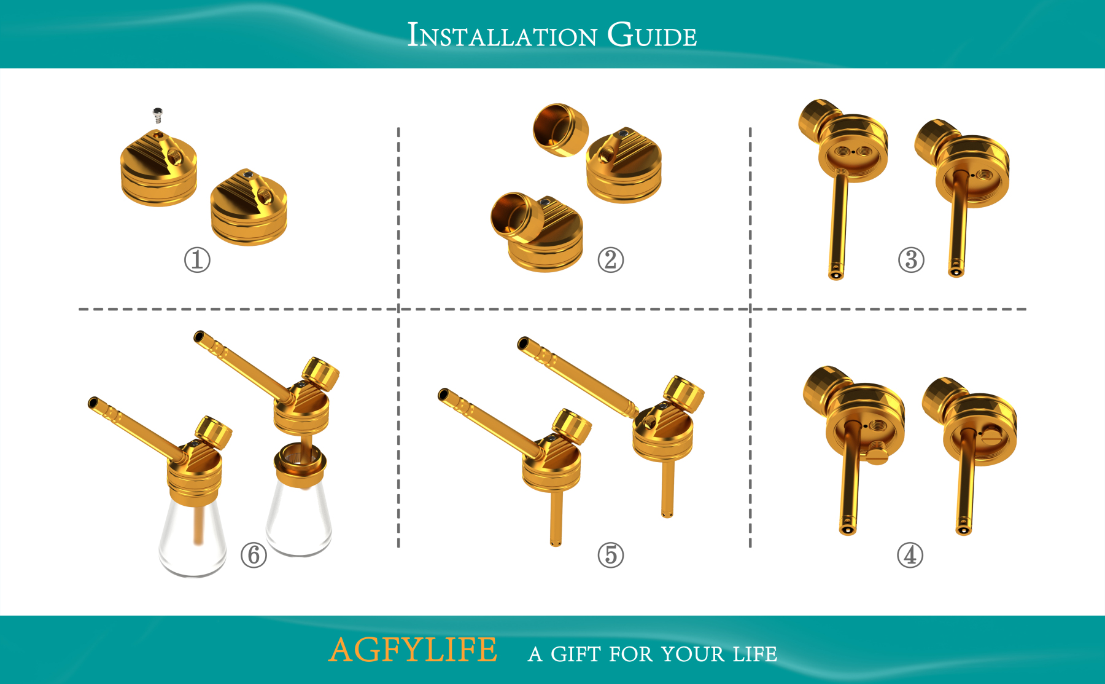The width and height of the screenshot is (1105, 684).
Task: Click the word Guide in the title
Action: (652, 36)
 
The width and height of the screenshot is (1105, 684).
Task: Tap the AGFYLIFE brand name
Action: (413, 650)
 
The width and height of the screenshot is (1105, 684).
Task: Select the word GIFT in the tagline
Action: (576, 654)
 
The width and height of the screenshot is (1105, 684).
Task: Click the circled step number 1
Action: (197, 260)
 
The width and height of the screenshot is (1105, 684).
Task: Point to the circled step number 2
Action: (610, 260)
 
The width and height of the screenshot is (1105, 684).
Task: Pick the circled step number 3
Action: (911, 260)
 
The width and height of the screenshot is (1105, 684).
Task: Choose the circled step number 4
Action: (910, 555)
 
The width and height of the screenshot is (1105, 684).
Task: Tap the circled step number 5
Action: (610, 555)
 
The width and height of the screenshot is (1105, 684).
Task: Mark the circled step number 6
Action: (254, 555)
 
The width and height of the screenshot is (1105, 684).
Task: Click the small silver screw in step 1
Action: (158, 115)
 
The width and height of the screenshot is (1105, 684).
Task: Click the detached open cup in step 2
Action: (560, 130)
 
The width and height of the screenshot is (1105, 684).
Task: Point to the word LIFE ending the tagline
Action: (754, 654)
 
